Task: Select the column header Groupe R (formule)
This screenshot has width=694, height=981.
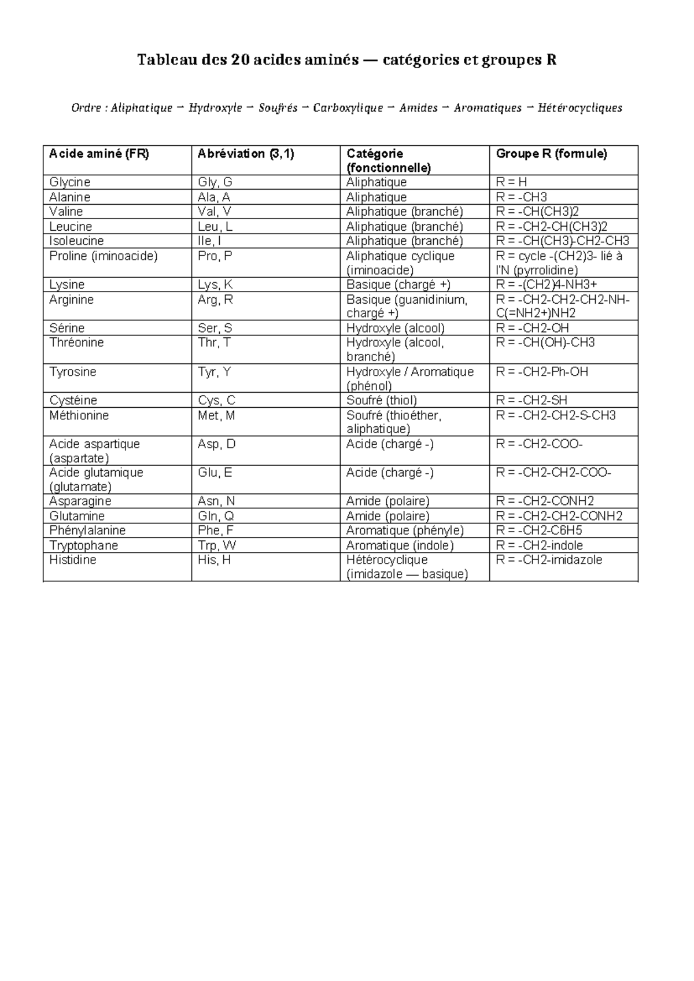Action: (x=551, y=154)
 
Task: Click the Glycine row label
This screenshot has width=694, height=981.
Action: (x=69, y=182)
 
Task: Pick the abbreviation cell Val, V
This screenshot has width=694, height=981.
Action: (x=215, y=212)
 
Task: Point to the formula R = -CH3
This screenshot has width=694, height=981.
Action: (x=521, y=197)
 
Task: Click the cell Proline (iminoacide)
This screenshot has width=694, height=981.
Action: (x=104, y=256)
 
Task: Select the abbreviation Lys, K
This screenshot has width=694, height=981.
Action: (x=215, y=285)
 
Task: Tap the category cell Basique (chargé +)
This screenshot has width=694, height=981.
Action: (x=398, y=285)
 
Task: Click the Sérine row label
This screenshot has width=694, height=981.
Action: (x=67, y=328)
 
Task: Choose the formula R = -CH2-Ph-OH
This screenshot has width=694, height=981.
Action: (x=542, y=372)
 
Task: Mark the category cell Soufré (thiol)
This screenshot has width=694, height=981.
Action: (x=382, y=400)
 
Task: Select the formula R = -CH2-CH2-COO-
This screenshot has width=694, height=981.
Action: (x=553, y=473)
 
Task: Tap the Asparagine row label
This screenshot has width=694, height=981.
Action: (x=80, y=501)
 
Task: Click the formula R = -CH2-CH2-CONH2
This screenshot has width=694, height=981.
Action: (x=559, y=516)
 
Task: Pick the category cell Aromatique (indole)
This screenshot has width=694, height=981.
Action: (x=400, y=545)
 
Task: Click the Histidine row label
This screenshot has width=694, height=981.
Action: (x=73, y=560)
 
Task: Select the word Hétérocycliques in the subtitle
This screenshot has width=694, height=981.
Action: (x=579, y=108)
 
